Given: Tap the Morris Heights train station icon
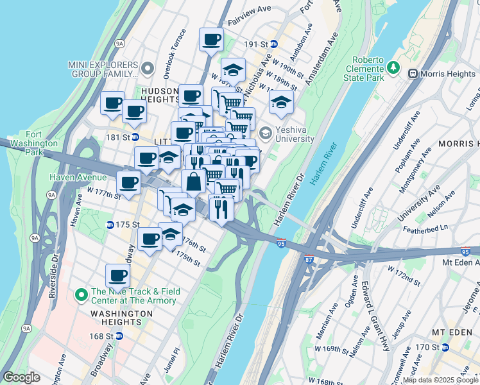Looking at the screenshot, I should (412, 74).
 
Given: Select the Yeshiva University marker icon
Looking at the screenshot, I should (266, 132).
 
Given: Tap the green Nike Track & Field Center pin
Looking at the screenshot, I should (81, 295).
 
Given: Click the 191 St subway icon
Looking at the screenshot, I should (274, 44).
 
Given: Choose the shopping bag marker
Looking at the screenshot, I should (194, 182).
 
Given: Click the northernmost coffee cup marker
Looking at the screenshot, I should (211, 40).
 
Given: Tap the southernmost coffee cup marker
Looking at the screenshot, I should (117, 276).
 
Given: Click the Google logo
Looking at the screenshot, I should (22, 377).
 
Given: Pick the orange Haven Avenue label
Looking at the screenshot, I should (80, 177).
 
